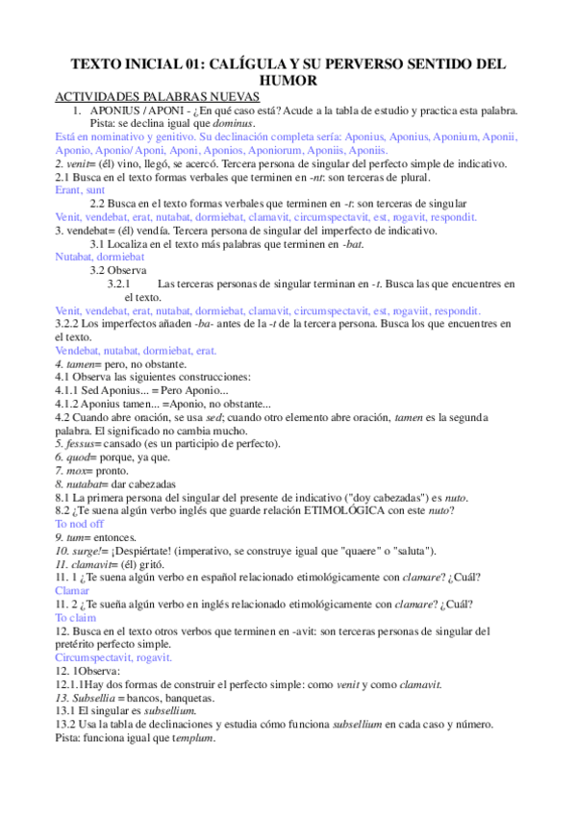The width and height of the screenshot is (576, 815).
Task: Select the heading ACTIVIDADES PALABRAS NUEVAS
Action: coord(157,97)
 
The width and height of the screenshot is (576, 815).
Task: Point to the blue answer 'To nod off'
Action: coord(79,524)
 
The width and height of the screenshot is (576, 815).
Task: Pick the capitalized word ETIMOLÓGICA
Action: coord(306,510)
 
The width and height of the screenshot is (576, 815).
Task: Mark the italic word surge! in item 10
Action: coord(83,551)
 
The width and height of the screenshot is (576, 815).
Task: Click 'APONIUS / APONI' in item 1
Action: coord(141,111)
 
